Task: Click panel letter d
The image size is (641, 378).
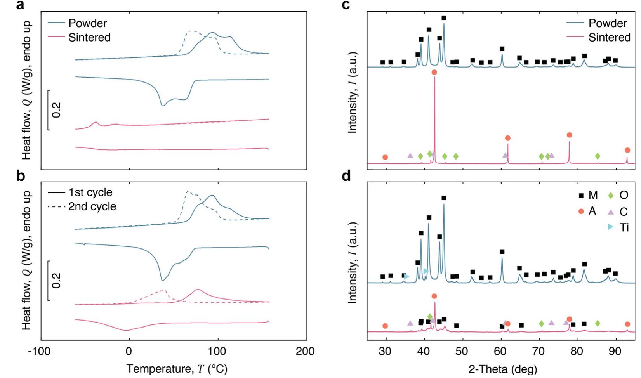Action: [x=346, y=176]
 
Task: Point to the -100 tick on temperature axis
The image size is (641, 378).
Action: [x=39, y=352]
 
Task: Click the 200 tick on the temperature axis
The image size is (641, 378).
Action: [x=305, y=352]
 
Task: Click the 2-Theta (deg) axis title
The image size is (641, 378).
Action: [x=503, y=369]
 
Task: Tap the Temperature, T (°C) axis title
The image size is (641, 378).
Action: [x=177, y=369]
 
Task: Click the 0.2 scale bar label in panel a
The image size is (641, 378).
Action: [x=57, y=110]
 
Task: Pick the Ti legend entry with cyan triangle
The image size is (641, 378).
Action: [x=618, y=227]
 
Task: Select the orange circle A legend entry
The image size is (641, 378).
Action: [x=587, y=211]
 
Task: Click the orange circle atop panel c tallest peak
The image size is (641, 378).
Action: [x=434, y=72]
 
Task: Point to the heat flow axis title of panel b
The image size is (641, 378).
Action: [x=26, y=260]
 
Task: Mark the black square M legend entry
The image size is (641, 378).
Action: [x=587, y=195]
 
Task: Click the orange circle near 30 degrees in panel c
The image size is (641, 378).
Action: [x=385, y=157]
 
